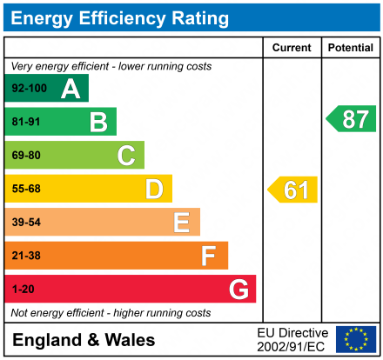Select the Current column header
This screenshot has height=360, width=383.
coord(292,48)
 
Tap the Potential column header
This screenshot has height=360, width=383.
coord(350,48)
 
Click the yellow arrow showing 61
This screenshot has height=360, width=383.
coord(293,190)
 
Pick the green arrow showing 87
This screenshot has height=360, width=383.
coord(352,119)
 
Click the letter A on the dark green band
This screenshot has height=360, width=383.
coord(71,89)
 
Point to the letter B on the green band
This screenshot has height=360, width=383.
coord(98,122)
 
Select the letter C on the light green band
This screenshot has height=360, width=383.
coord(126,156)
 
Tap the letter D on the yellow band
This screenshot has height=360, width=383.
coord(154,189)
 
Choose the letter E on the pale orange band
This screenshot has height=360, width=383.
coord(181,223)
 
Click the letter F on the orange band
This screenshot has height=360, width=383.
coord(209,256)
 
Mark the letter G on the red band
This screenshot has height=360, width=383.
coord(238,289)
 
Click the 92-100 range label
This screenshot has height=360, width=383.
coord(29,89)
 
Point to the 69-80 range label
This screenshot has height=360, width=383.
coord(26,156)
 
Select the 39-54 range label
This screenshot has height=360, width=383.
coord(26,223)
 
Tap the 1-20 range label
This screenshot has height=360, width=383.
coord(23,289)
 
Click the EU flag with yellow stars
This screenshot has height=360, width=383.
coord(356,339)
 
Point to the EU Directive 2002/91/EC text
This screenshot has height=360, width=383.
coord(293,339)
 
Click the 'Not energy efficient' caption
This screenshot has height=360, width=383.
coord(111,312)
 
